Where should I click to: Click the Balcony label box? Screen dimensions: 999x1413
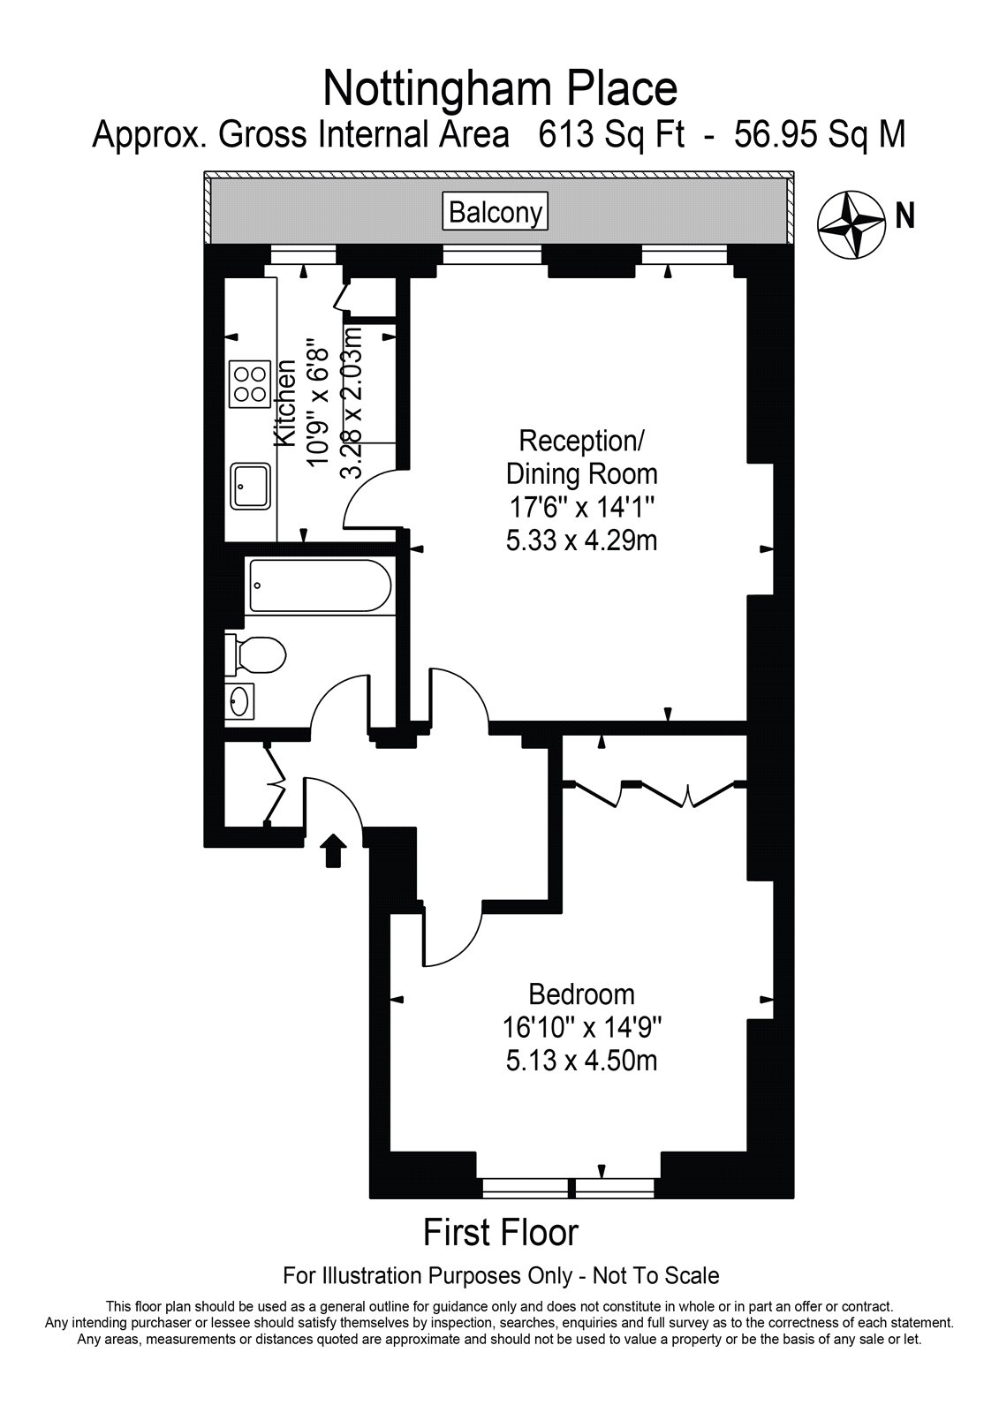click(495, 212)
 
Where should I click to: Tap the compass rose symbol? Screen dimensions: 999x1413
click(851, 224)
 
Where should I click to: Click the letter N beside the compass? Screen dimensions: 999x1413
click(905, 216)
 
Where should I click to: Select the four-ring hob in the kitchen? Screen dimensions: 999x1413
click(250, 384)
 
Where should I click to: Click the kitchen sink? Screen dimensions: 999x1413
click(251, 486)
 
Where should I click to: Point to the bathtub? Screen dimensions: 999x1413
click(320, 586)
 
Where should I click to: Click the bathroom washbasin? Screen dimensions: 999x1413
click(239, 701)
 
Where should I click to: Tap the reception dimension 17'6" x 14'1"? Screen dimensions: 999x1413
click(581, 507)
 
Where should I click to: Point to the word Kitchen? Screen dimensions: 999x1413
click(285, 404)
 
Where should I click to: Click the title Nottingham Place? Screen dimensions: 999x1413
click(500, 89)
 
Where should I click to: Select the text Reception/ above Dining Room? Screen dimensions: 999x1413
click(581, 441)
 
